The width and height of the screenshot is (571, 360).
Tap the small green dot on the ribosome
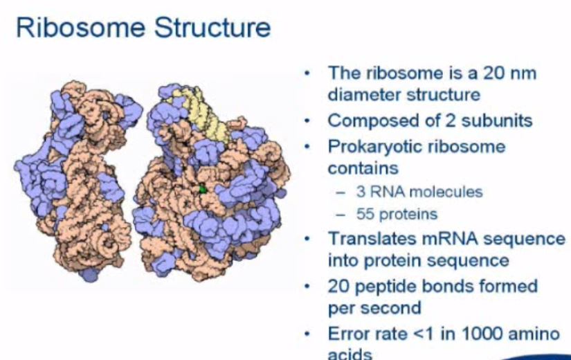203,189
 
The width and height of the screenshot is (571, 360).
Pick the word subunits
497,120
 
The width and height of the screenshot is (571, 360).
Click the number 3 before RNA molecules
361,192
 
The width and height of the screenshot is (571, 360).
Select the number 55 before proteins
365,214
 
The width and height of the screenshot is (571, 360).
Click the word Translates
372,239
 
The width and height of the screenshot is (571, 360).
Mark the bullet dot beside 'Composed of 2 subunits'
308,120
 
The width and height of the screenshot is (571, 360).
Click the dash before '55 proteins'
341,215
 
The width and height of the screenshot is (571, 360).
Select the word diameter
364,95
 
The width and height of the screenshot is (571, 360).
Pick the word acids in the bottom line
350,354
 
